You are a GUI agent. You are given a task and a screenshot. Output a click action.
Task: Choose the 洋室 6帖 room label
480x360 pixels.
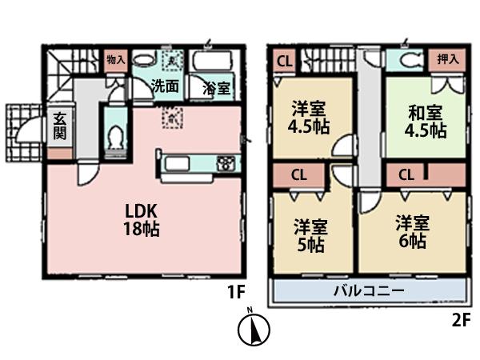(x=411, y=231)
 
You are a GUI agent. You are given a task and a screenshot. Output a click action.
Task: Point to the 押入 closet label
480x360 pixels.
(x=447, y=58)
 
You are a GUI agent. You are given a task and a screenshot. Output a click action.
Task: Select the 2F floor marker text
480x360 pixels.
(x=458, y=321)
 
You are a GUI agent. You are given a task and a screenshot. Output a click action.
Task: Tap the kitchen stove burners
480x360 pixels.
(x=226, y=165)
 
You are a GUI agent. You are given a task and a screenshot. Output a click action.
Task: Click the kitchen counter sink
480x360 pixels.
(x=178, y=165)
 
